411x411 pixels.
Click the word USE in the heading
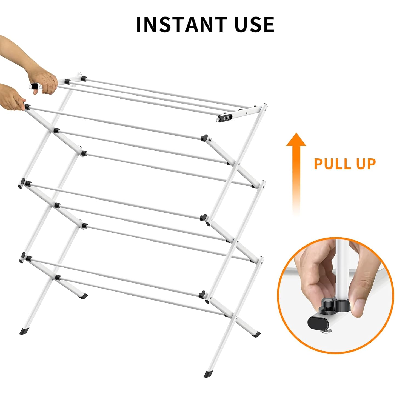pos(254,24)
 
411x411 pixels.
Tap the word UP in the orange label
pos(366,164)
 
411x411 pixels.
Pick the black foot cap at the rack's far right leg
pos(256,334)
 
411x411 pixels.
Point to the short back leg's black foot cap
pos(83,296)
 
